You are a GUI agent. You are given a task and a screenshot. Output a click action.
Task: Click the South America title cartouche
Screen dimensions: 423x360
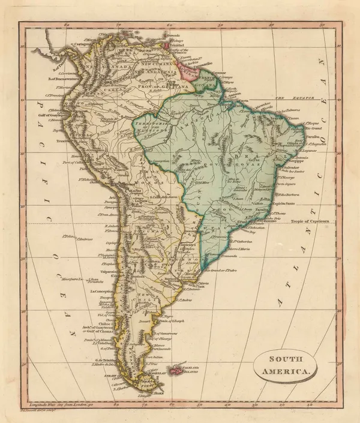[286, 365]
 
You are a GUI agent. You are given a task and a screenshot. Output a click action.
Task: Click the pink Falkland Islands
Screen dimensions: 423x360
[177, 371]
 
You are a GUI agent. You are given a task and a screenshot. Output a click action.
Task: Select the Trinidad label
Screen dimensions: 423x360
[175, 46]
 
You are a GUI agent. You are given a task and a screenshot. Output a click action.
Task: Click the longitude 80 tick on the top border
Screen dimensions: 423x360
[67, 25]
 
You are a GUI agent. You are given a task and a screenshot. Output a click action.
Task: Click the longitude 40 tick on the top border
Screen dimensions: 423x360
[273, 25]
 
